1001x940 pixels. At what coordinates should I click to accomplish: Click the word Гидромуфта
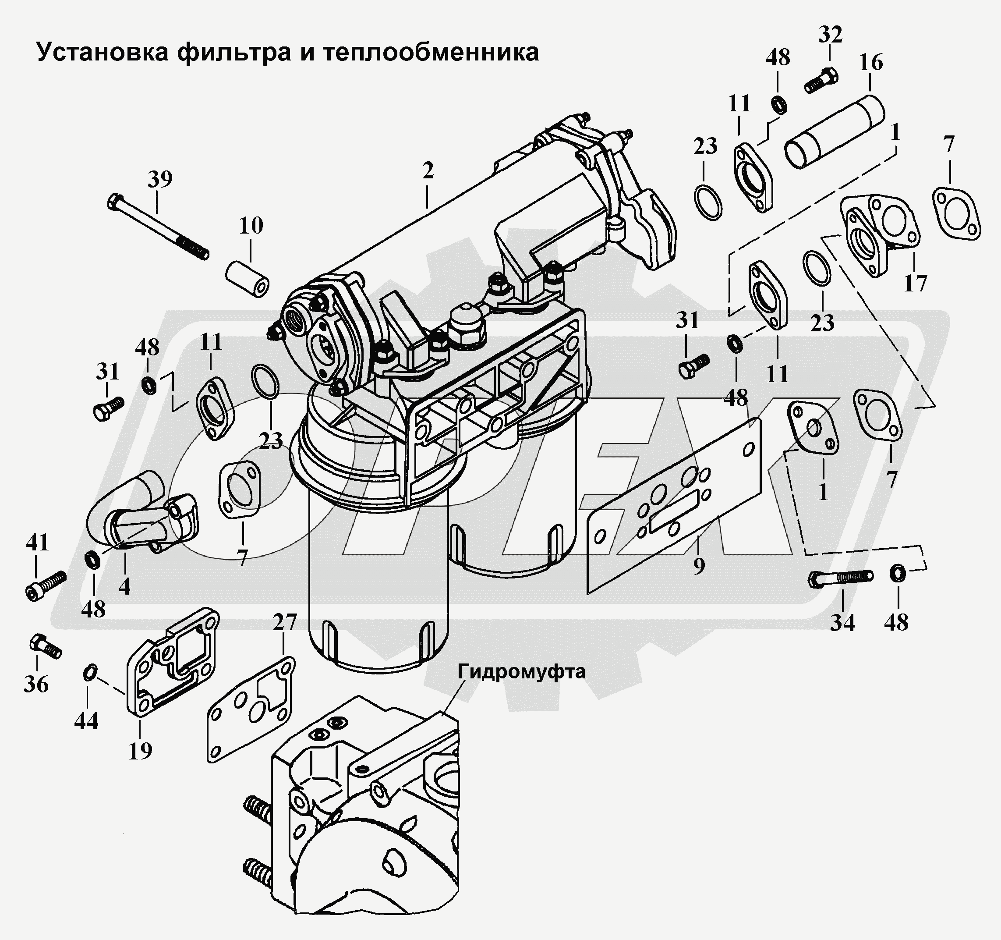521,671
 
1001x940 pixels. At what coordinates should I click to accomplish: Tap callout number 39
160,179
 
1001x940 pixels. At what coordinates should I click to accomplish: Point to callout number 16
870,63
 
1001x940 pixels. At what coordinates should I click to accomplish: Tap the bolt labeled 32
822,82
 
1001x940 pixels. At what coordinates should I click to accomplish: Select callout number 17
915,284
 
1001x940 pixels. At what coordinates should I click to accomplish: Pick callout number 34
842,623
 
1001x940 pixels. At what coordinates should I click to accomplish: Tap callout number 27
284,623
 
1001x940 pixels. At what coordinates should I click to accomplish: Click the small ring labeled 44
88,671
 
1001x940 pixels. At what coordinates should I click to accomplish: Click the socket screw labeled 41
45,585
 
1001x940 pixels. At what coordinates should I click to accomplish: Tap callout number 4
124,586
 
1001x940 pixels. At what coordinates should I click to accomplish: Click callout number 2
428,171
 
